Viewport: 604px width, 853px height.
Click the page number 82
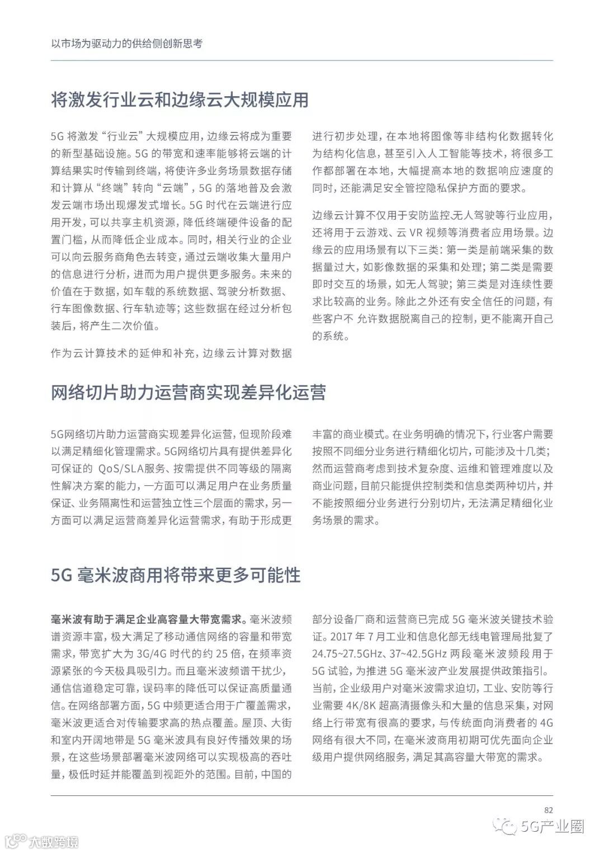click(548, 810)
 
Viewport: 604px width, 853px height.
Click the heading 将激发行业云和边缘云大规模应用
click(180, 100)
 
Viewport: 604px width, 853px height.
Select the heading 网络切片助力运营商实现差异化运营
click(188, 392)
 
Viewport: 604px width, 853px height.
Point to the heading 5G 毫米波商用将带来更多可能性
click(176, 575)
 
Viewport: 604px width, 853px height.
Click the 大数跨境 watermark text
click(54, 841)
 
